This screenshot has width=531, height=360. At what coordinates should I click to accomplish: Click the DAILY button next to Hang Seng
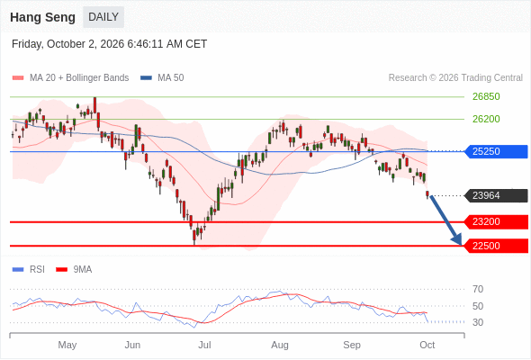[103, 17]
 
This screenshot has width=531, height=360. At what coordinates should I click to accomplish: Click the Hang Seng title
[42, 17]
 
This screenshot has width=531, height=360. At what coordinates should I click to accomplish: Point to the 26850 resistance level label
[486, 96]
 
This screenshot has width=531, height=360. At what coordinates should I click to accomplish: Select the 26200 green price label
[486, 119]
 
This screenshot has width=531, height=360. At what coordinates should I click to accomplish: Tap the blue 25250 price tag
[496, 151]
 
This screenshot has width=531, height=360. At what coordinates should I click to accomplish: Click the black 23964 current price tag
[496, 195]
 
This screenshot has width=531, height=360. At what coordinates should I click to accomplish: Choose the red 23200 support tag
[496, 221]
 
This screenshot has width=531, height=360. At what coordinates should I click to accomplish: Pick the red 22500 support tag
[496, 246]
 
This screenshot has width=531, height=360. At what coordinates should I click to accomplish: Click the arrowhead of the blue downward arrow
[458, 240]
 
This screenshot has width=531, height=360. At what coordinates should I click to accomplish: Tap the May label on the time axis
[67, 345]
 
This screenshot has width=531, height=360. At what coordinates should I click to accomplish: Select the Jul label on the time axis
[204, 345]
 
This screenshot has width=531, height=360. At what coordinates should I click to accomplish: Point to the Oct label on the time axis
[427, 345]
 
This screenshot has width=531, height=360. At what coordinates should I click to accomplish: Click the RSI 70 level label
[478, 289]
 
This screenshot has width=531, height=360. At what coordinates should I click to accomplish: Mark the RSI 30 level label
[478, 322]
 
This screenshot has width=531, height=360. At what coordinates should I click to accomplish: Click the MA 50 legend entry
[162, 78]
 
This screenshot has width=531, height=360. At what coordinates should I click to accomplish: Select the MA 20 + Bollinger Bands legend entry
[70, 78]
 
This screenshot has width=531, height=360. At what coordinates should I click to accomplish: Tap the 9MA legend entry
[74, 270]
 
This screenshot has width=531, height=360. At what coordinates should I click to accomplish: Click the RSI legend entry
[28, 270]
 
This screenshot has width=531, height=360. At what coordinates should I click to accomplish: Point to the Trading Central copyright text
[455, 78]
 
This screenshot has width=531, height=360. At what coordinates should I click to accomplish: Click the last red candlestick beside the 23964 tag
[427, 194]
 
